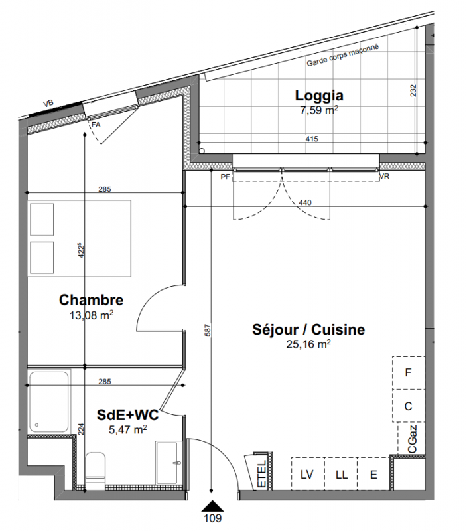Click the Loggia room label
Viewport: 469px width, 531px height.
click(319, 96)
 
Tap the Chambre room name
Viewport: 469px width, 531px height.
click(91, 300)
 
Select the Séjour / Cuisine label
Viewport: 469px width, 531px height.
click(308, 329)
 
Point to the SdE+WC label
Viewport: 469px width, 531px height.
click(127, 415)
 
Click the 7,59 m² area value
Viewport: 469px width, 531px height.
click(319, 110)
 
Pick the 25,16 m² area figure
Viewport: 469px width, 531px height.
click(308, 344)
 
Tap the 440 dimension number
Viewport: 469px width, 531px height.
click(305, 203)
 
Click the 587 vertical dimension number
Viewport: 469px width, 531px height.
click(208, 330)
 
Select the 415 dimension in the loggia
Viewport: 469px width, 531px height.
click(312, 139)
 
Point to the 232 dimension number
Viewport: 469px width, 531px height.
click(413, 90)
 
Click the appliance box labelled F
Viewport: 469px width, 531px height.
click(409, 373)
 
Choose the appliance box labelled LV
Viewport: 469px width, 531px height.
click(308, 474)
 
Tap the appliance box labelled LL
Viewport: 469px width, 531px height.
click(341, 474)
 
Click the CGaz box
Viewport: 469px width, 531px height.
click(411, 438)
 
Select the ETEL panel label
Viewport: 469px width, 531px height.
click(262, 473)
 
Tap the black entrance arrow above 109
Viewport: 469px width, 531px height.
click(213, 506)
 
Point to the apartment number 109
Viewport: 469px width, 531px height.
click(213, 518)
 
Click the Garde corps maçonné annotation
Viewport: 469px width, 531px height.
click(343, 56)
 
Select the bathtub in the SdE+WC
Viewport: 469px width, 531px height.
click(49, 402)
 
